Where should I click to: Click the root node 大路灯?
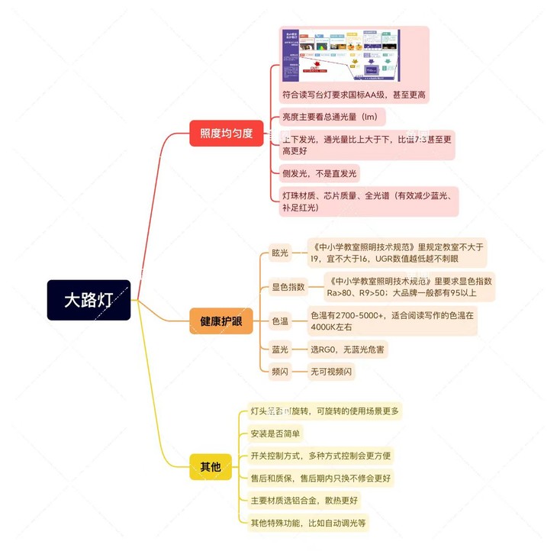(89, 299)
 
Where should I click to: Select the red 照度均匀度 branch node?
(226, 133)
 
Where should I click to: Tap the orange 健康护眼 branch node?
(221, 321)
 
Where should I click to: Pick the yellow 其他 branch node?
(210, 466)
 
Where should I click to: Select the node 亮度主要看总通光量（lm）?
(330, 117)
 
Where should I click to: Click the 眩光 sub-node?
(280, 253)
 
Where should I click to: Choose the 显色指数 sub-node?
(288, 287)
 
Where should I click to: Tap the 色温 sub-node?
(280, 321)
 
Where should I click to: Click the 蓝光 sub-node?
(280, 349)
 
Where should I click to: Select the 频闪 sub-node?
(280, 372)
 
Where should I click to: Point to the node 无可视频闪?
(330, 372)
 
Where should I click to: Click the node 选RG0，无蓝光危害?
(348, 349)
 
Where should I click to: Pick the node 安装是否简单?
(275, 433)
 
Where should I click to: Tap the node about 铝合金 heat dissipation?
(304, 501)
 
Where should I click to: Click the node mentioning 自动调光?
(308, 523)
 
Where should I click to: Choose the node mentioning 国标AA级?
(353, 95)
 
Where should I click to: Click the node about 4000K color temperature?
(391, 321)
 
